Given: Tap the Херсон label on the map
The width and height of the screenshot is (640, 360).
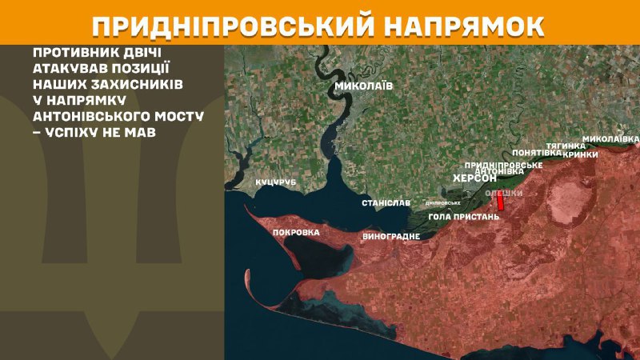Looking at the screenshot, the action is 474,179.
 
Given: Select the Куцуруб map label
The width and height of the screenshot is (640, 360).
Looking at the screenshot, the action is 276,183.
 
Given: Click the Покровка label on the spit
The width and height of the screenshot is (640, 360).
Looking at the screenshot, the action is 296,233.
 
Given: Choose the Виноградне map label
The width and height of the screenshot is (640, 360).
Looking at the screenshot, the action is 391,238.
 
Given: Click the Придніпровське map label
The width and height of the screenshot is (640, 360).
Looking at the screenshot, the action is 504,164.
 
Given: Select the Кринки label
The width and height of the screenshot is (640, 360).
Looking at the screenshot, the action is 580,154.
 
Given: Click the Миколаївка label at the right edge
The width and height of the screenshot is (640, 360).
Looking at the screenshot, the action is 610,138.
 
